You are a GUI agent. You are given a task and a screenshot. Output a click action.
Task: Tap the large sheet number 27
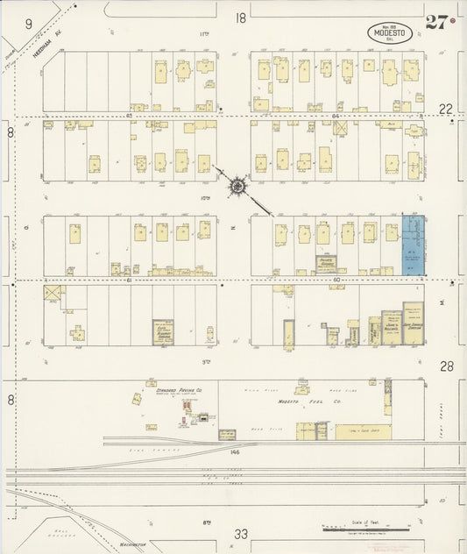point(436,23)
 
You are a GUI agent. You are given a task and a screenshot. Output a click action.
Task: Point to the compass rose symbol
point(237,185)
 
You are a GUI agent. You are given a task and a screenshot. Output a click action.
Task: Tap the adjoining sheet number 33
point(242,532)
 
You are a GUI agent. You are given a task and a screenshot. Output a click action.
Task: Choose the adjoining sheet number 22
point(446,108)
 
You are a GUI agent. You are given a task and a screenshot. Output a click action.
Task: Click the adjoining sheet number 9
point(28,25)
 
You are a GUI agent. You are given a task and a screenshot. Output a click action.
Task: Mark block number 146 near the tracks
point(235,453)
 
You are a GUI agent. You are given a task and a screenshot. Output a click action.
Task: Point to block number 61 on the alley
point(129,281)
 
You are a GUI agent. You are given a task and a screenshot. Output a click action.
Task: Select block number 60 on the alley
point(336,280)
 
